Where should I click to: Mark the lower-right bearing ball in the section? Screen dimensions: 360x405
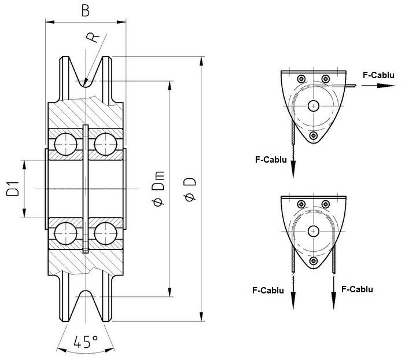[105, 234]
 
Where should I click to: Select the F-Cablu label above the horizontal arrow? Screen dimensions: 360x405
[378, 75]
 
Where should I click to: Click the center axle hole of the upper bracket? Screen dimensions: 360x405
[314, 105]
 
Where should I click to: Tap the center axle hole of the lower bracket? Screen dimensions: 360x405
[314, 230]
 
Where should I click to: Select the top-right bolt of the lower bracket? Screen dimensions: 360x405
[326, 204]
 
